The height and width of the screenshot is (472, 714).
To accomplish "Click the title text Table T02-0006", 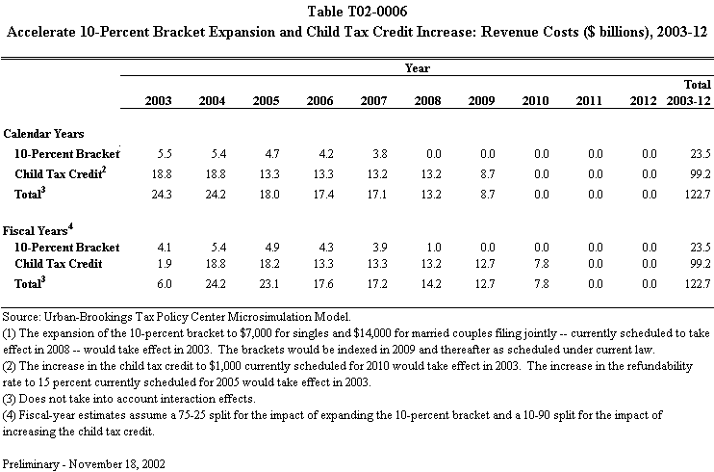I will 356,11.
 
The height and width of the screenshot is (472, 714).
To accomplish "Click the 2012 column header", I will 647,100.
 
